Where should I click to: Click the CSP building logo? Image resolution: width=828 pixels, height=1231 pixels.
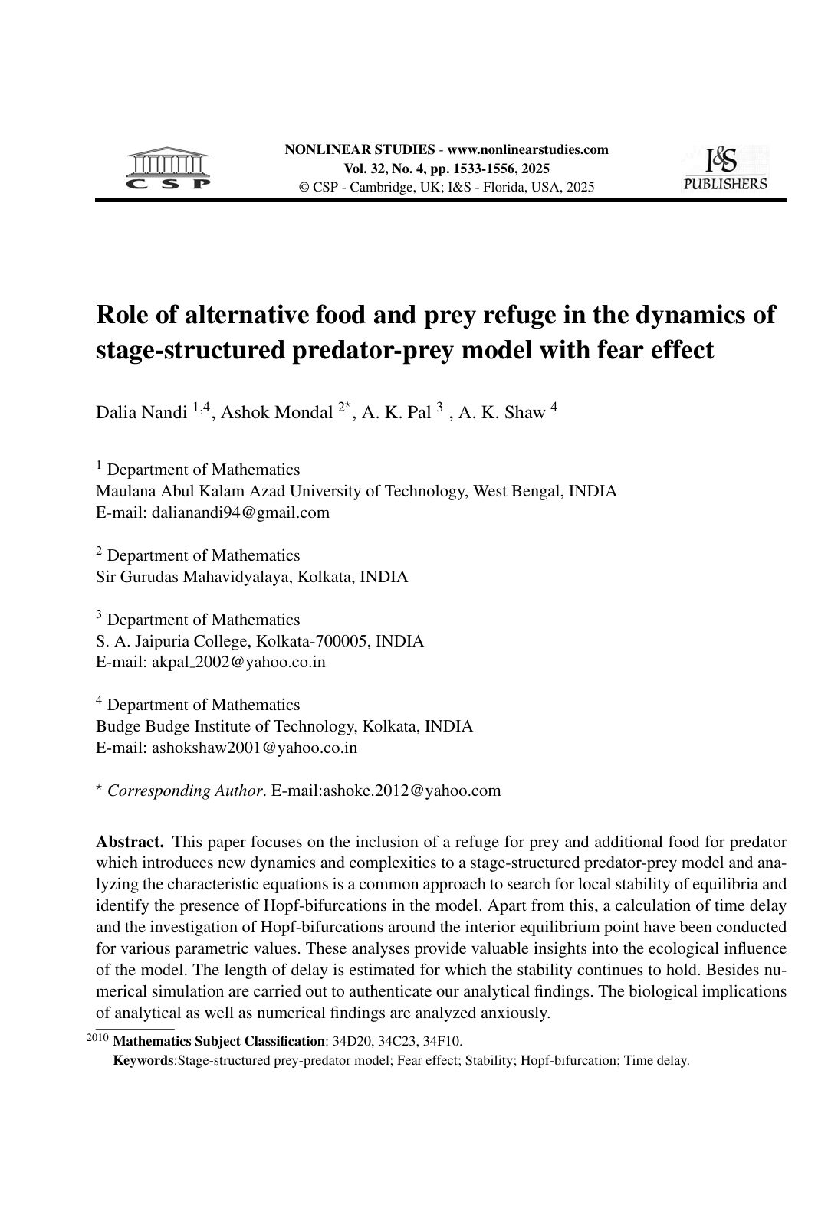(168, 169)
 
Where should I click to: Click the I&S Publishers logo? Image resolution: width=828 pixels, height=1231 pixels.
(724, 169)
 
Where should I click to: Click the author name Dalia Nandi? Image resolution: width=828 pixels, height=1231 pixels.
(141, 413)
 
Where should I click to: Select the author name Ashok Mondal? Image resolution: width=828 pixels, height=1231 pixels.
(277, 413)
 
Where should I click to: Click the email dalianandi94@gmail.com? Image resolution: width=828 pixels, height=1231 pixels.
(240, 512)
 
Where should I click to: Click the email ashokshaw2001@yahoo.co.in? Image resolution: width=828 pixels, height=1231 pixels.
(254, 748)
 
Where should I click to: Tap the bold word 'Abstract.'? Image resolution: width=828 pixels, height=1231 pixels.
(130, 842)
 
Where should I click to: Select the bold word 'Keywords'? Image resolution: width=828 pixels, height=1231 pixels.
(143, 1061)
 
